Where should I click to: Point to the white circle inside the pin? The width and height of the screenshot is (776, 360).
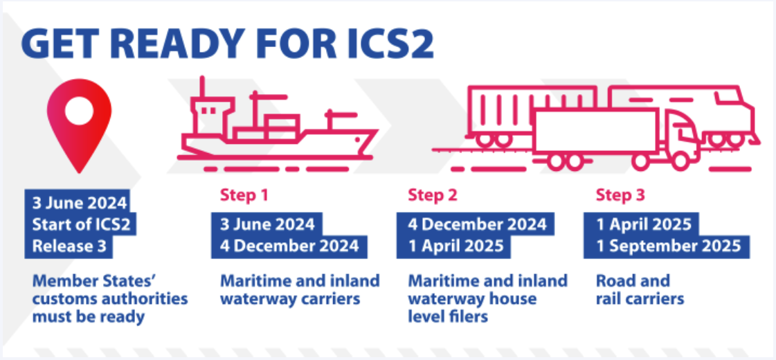pyautogui.click(x=79, y=111)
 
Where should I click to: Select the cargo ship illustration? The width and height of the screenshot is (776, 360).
pyautogui.click(x=277, y=124)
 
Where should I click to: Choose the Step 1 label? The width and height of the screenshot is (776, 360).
pyautogui.click(x=244, y=195)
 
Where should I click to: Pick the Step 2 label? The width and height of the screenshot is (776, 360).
pyautogui.click(x=432, y=195)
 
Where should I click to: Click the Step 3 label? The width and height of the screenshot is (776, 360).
pyautogui.click(x=620, y=195)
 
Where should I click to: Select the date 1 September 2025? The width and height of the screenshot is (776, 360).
pyautogui.click(x=669, y=246)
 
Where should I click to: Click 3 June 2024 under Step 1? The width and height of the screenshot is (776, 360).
pyautogui.click(x=267, y=224)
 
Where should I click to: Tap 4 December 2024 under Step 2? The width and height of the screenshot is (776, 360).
pyautogui.click(x=477, y=224)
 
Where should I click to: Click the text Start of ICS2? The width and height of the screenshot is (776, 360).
pyautogui.click(x=81, y=225)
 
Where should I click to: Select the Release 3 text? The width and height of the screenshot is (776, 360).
pyautogui.click(x=69, y=246)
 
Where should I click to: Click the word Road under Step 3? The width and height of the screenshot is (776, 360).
pyautogui.click(x=615, y=281)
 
